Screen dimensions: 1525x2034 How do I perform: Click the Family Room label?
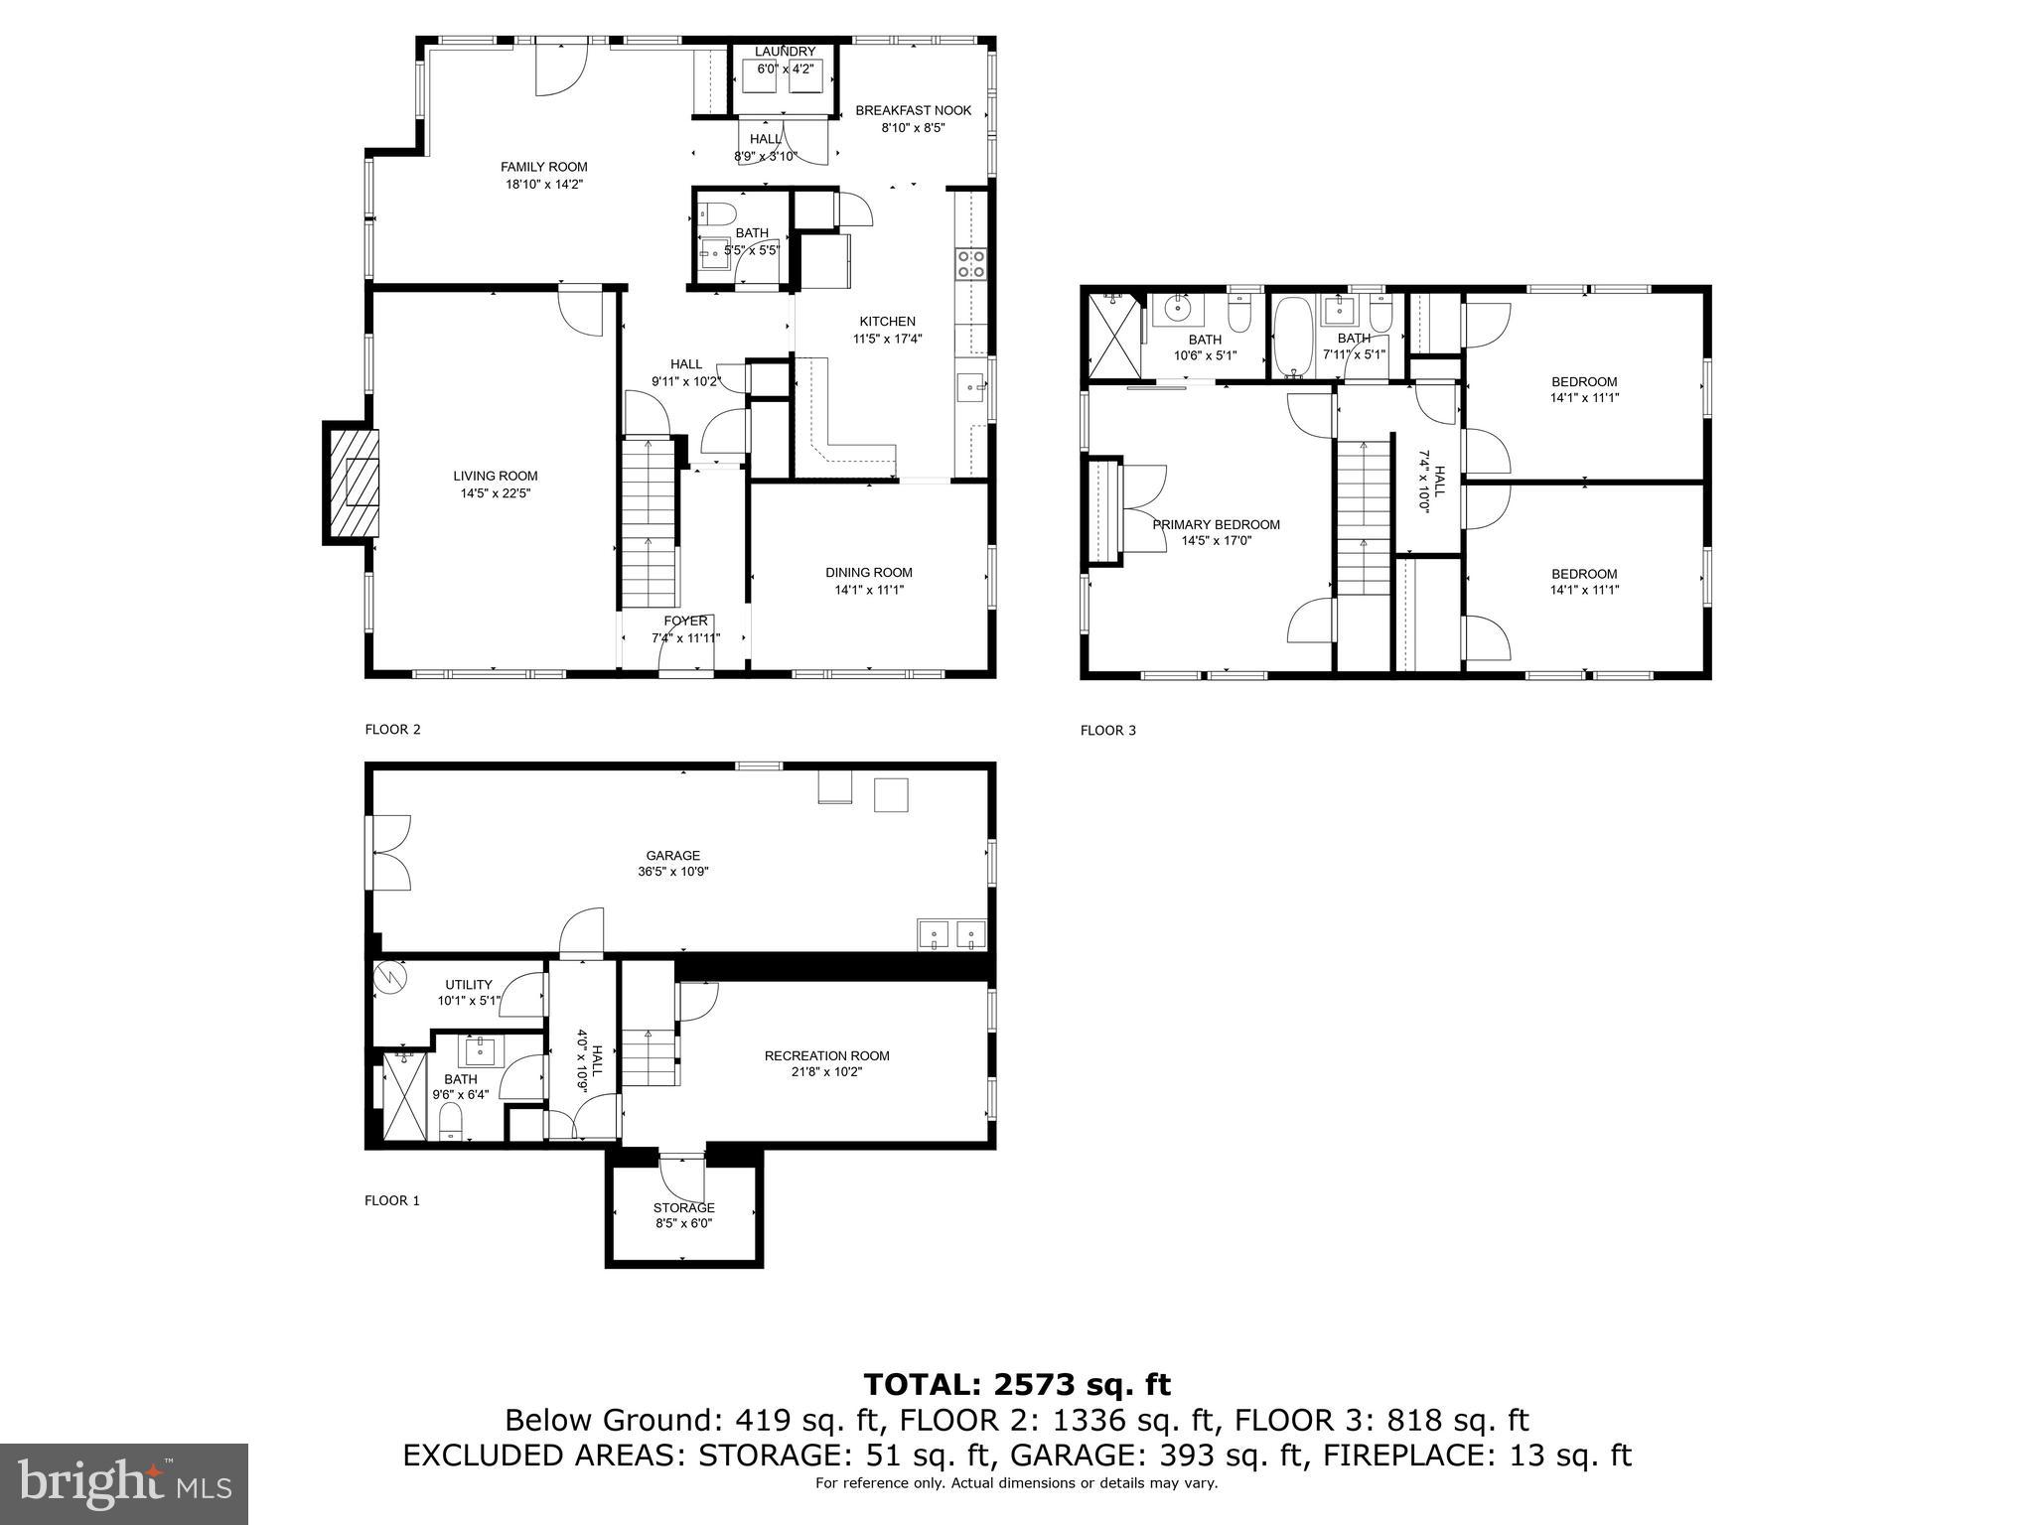tap(543, 167)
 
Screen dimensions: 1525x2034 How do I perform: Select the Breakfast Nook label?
tap(913, 110)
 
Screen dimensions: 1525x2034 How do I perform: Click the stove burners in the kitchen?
tap(970, 263)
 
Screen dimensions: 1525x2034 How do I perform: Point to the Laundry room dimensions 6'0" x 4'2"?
tap(785, 69)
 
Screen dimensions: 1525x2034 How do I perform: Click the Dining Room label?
tap(868, 572)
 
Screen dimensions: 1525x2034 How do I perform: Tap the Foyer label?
tap(685, 622)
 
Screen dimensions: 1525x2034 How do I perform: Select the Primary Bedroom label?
tap(1216, 524)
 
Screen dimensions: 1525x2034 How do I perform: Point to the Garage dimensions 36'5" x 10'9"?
tap(672, 872)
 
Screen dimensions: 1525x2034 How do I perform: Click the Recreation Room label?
tap(826, 1055)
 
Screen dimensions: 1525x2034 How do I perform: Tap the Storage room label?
tap(683, 1207)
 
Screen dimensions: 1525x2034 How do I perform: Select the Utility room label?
tap(468, 985)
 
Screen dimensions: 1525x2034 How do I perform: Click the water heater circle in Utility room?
tap(391, 979)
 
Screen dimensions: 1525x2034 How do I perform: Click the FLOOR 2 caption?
tap(392, 730)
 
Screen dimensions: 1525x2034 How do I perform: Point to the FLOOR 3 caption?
tap(1107, 731)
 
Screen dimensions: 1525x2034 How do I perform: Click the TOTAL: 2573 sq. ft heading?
tap(1016, 1384)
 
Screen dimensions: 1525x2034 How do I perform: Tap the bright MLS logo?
tap(123, 1483)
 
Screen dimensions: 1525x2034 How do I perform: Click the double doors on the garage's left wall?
tap(389, 853)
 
